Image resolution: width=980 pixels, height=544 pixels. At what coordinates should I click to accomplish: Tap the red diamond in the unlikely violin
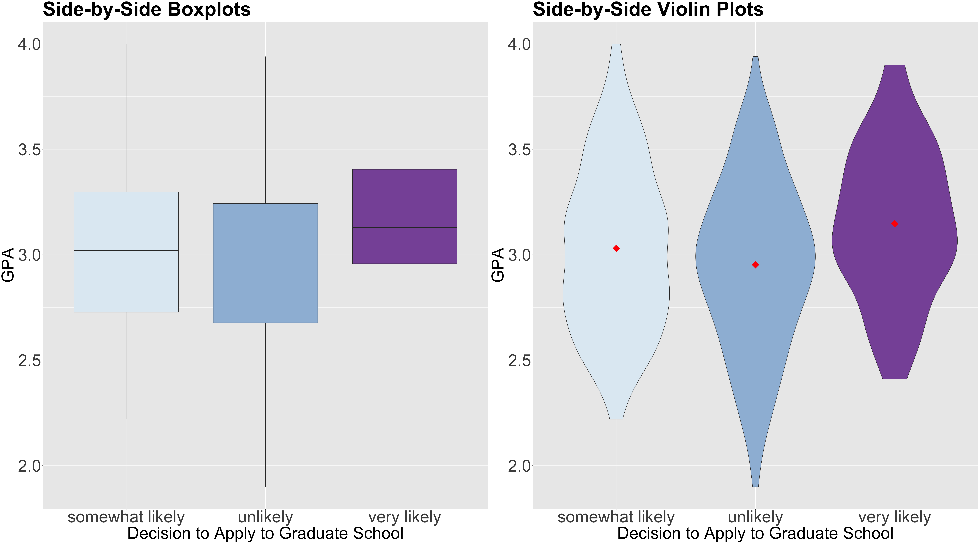pyautogui.click(x=756, y=265)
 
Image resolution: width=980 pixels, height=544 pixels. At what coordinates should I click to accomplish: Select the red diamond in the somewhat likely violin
pyautogui.click(x=616, y=248)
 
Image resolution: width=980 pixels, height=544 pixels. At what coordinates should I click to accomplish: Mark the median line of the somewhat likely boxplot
pyautogui.click(x=126, y=250)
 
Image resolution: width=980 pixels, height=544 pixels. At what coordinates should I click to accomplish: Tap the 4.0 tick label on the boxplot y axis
pyautogui.click(x=29, y=44)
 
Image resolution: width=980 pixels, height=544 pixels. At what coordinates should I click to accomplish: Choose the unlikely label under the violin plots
pyautogui.click(x=756, y=517)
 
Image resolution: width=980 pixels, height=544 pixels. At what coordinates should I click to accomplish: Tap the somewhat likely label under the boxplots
pyautogui.click(x=126, y=517)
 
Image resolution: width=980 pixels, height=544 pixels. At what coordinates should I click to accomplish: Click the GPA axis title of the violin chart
pyautogui.click(x=498, y=265)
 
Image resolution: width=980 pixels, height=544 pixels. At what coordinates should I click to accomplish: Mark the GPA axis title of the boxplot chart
pyautogui.click(x=8, y=265)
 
